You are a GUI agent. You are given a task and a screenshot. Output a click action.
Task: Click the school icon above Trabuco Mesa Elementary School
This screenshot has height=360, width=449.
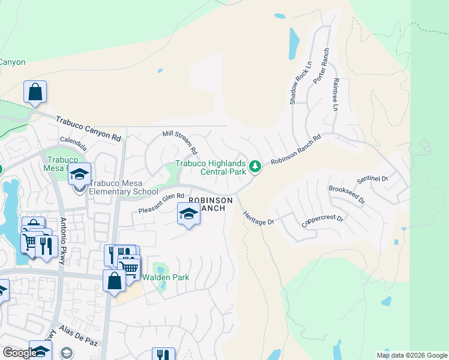(x=79, y=175)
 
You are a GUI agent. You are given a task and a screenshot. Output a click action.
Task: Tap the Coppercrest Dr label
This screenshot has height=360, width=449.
(x=322, y=221)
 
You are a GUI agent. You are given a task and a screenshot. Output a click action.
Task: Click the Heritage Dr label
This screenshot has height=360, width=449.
(x=258, y=217)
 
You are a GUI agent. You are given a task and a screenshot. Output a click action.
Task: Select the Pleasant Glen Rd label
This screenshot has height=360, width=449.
(x=160, y=203)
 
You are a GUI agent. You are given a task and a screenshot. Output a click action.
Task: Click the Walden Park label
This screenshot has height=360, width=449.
(x=166, y=277)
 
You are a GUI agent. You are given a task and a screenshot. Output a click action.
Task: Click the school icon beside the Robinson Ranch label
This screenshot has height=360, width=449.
(x=188, y=214)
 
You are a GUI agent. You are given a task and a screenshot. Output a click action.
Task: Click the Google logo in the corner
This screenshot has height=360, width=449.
(x=19, y=353)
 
